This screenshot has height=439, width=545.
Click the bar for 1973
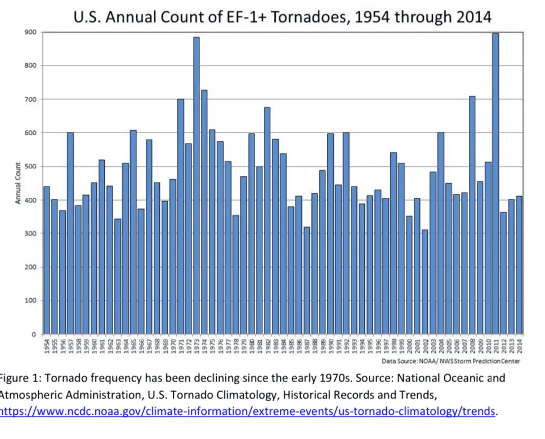coord(196,186)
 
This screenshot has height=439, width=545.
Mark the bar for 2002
coord(425,282)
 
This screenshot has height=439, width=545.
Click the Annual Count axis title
coord(19,183)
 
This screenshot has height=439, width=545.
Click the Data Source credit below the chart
coord(451,361)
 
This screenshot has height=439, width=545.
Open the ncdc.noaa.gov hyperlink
coord(248,412)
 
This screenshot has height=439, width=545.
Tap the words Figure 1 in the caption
coord(19,378)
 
